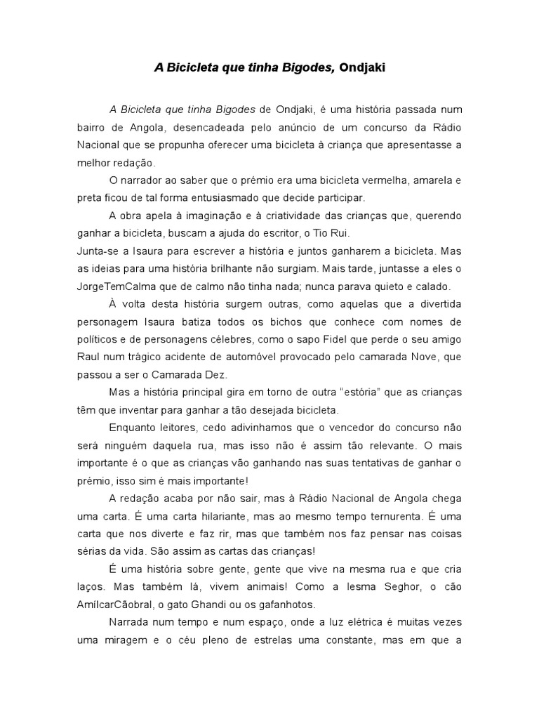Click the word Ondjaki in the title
[362, 68]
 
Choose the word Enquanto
[134, 427]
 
